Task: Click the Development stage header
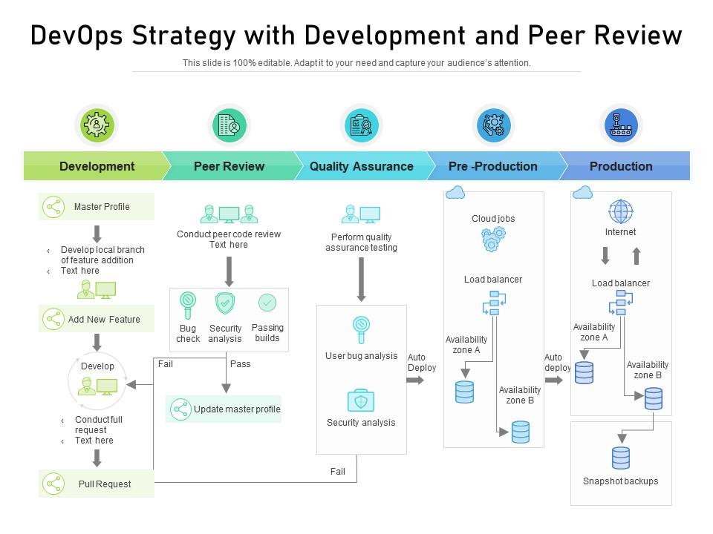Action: click(x=97, y=166)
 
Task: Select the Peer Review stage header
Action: click(x=229, y=166)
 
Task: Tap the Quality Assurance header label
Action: click(x=361, y=166)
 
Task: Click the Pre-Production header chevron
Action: click(x=493, y=166)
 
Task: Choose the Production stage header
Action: click(x=621, y=166)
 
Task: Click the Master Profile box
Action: click(x=97, y=207)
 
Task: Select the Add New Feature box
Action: click(x=97, y=320)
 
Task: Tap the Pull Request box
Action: click(x=97, y=484)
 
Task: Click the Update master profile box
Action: click(x=224, y=409)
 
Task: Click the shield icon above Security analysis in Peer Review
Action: click(x=225, y=303)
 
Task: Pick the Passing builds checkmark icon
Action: click(x=267, y=303)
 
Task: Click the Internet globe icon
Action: click(x=620, y=211)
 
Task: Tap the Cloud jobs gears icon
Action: click(x=493, y=240)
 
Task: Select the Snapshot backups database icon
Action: click(x=621, y=458)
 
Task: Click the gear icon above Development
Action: click(x=97, y=125)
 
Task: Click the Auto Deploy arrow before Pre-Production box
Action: click(x=416, y=380)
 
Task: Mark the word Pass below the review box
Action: click(x=241, y=364)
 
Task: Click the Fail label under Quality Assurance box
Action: click(x=338, y=472)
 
